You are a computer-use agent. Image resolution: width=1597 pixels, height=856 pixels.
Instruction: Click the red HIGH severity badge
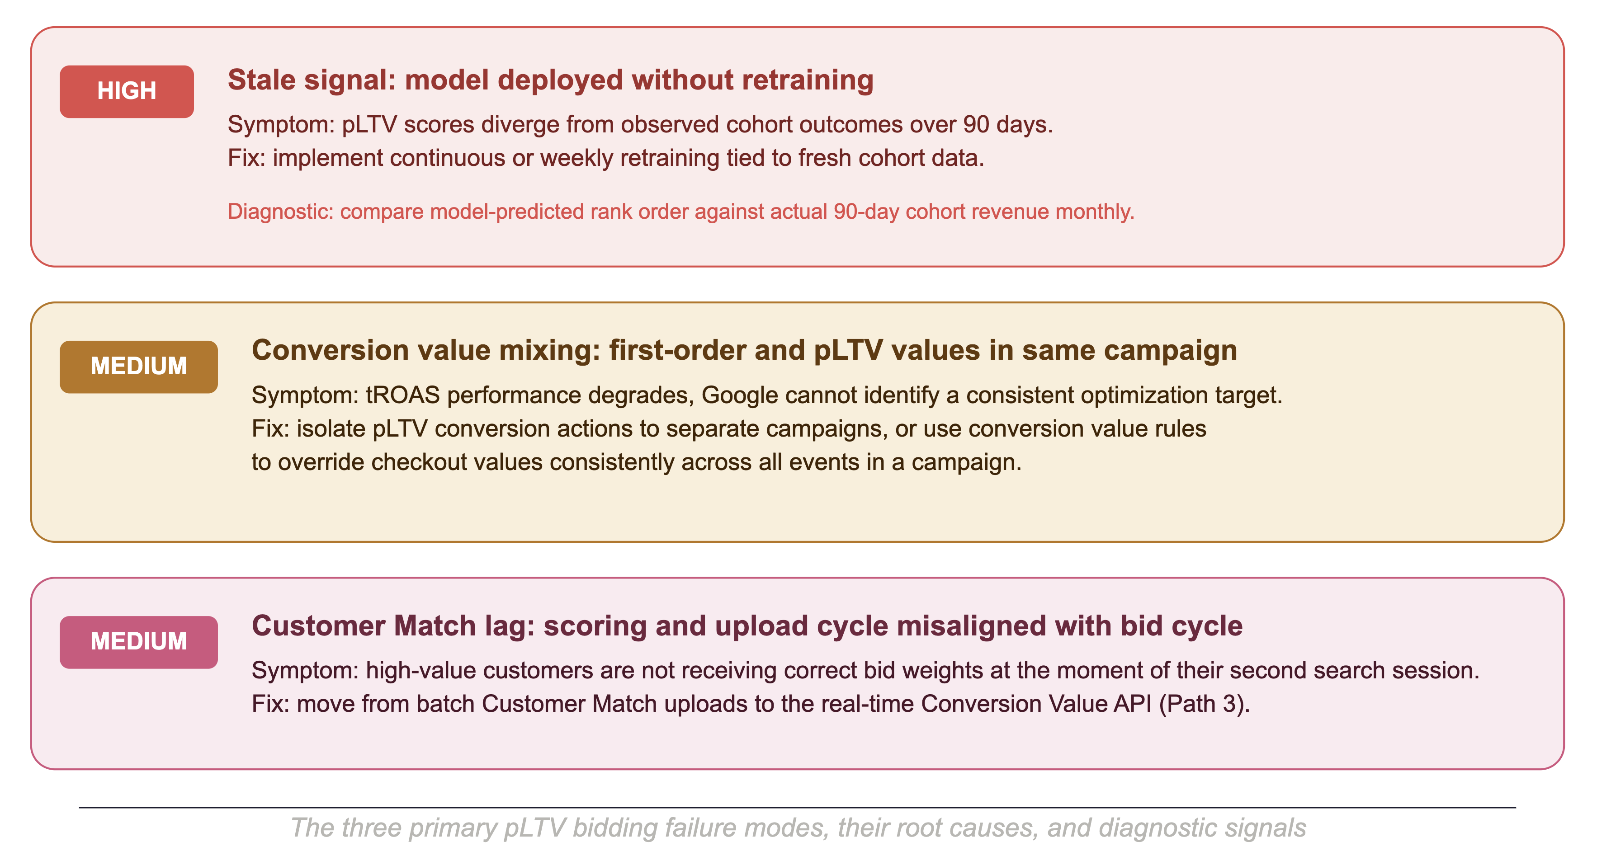[127, 91]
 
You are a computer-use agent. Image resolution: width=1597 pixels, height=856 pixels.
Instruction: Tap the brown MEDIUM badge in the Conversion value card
[139, 367]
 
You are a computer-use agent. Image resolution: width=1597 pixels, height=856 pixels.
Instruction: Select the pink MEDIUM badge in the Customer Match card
[139, 641]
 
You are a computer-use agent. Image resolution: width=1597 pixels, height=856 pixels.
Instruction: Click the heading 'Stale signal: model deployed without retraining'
[551, 80]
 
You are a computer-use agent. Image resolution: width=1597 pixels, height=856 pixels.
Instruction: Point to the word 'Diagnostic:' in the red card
[281, 212]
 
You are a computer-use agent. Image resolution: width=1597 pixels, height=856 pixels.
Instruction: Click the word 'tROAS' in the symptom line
[402, 395]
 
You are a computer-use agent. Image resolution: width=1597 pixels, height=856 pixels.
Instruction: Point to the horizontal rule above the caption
[797, 808]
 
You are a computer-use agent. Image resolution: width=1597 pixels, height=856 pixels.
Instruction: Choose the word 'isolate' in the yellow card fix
[331, 429]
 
